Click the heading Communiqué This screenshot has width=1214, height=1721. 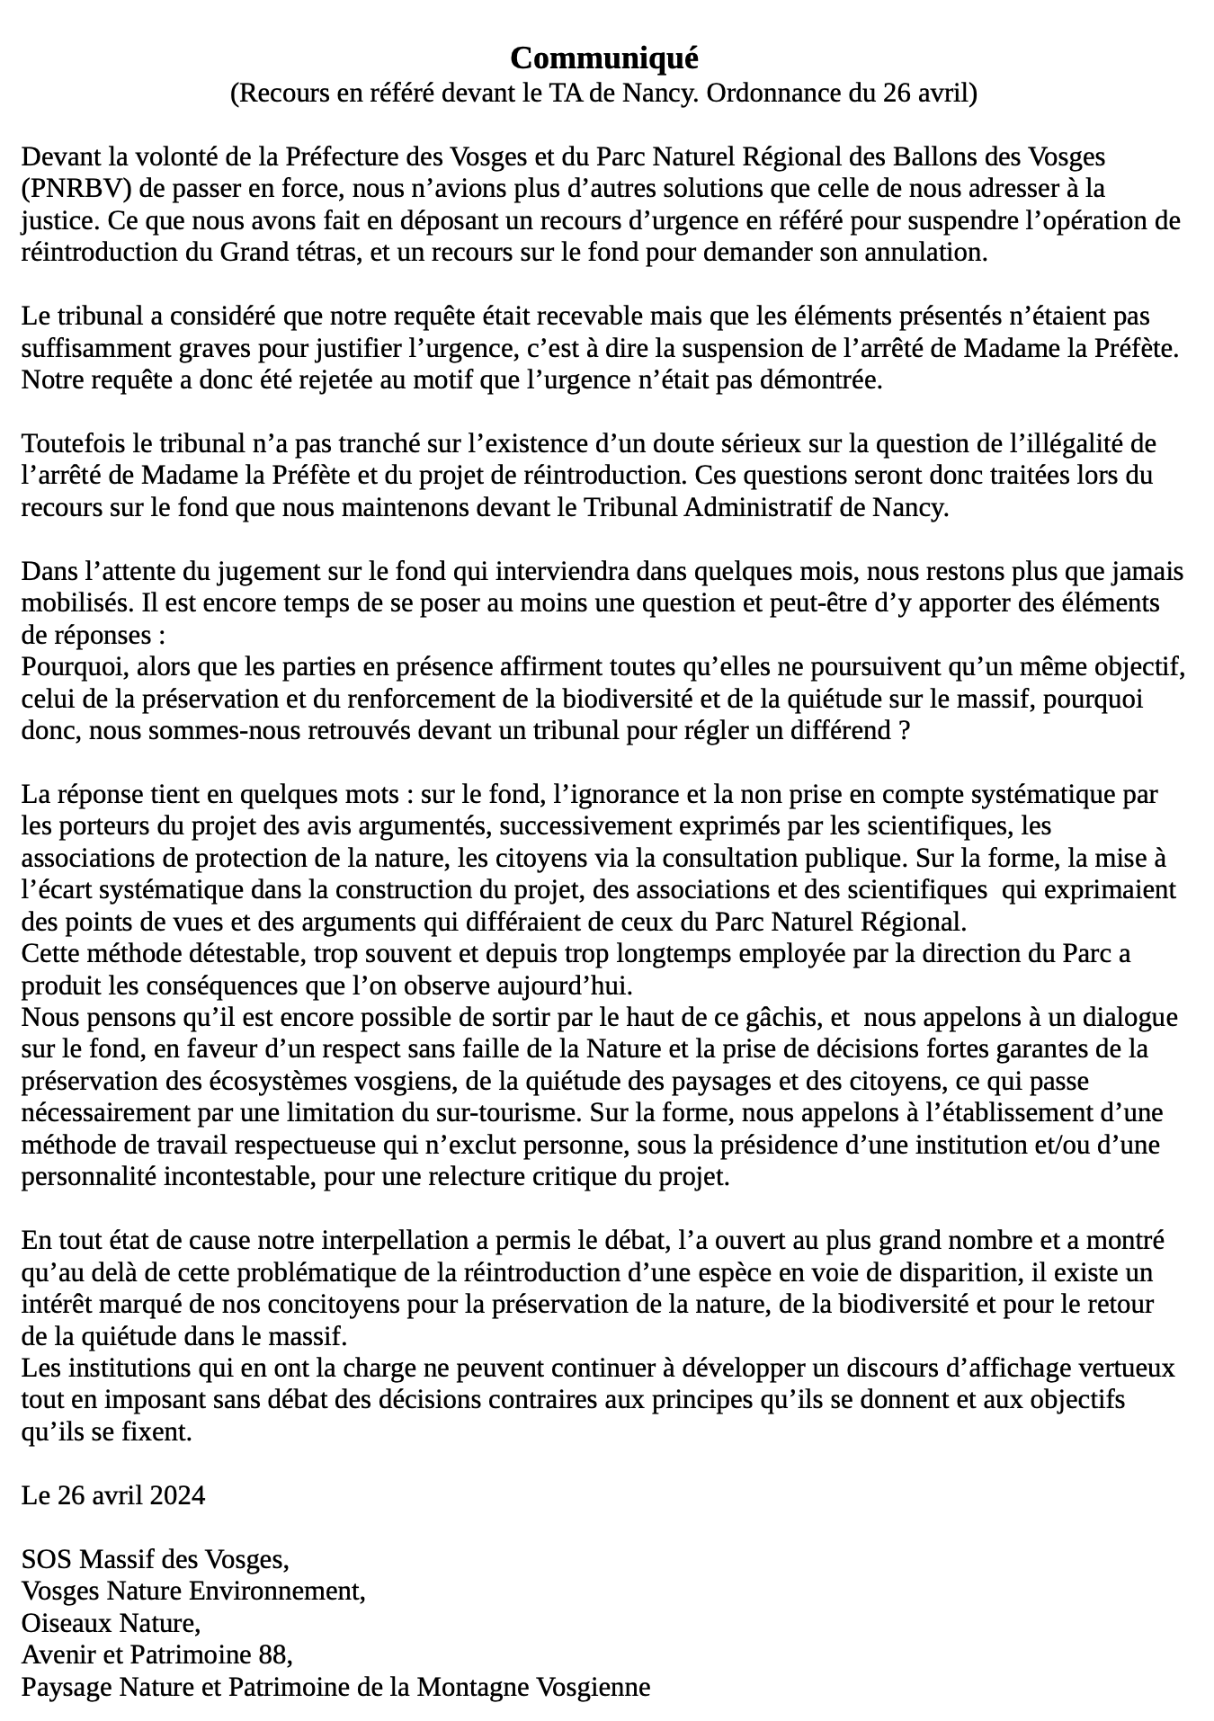point(603,58)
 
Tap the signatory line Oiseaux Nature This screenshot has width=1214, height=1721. point(111,1624)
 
